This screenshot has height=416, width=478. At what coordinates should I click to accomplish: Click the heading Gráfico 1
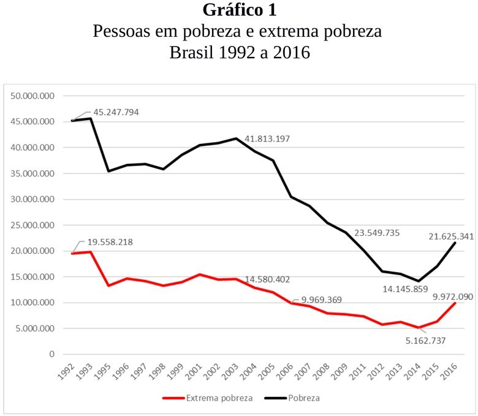tap(239, 10)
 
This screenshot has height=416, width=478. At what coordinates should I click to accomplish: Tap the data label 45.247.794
tap(116, 113)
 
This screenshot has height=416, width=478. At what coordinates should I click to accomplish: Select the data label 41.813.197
tap(267, 138)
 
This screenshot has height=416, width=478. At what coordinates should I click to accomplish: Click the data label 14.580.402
tap(272, 279)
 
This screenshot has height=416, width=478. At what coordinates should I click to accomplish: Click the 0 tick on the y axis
tap(51, 354)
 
